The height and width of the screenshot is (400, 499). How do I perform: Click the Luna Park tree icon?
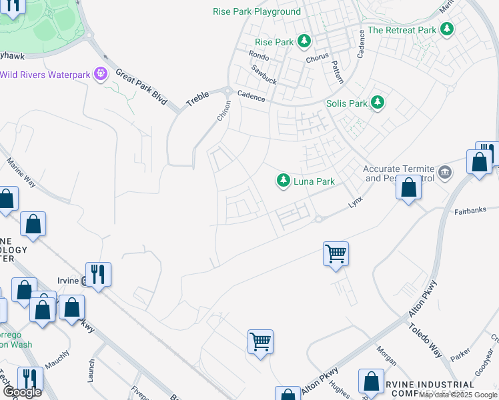284,181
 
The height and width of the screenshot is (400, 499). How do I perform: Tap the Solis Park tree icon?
378,103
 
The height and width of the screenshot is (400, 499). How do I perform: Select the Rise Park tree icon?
304,41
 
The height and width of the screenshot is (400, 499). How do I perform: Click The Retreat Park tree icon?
447,29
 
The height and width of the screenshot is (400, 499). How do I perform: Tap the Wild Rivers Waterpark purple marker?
101,74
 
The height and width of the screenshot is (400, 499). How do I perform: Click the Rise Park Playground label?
257,12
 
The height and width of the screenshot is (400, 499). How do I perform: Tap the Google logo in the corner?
21,391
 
